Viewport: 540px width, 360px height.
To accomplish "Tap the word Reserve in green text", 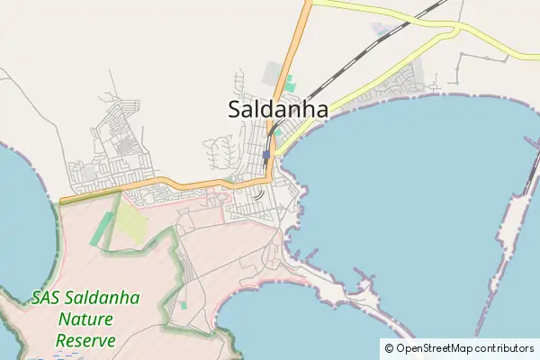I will click(85, 340).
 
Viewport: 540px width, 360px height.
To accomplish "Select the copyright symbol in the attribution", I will click(389, 348).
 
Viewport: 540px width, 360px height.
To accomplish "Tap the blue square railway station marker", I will click(265, 155).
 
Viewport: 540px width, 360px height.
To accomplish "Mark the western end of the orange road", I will click(61, 201).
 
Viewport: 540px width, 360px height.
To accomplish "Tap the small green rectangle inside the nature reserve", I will click(184, 305).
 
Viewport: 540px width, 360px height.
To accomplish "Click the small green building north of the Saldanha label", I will click(290, 85).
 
